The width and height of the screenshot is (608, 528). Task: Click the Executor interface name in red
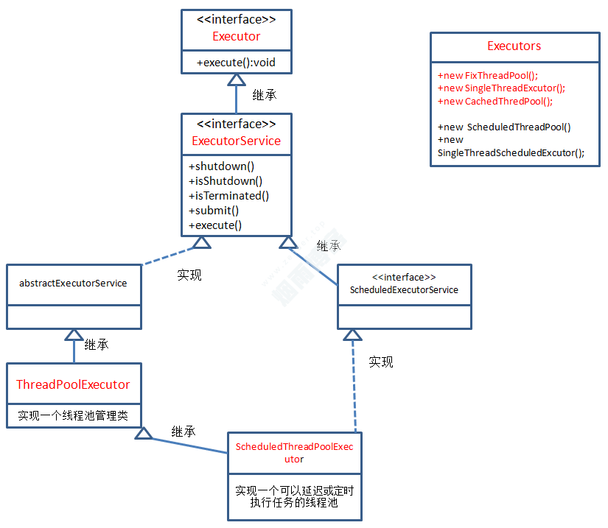(x=236, y=36)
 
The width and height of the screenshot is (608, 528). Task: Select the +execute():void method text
(x=236, y=63)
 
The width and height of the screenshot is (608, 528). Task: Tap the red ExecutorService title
(x=236, y=141)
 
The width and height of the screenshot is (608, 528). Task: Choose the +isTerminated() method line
(x=229, y=196)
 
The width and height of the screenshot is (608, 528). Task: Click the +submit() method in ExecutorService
(x=214, y=211)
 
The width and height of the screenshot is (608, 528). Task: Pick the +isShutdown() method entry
(x=226, y=181)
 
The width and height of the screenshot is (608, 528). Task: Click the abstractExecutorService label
(x=73, y=284)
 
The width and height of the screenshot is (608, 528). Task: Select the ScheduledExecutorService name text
(x=404, y=290)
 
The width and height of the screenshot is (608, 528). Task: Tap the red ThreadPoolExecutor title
(x=73, y=384)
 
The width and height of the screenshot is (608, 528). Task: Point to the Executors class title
(x=514, y=46)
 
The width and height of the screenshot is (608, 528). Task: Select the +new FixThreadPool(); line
(x=488, y=76)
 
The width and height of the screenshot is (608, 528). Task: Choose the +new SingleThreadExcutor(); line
(x=501, y=88)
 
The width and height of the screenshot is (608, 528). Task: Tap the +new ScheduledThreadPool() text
(x=504, y=127)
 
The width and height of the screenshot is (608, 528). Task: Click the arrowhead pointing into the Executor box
(x=236, y=80)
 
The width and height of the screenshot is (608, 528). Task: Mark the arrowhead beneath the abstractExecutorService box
(x=74, y=335)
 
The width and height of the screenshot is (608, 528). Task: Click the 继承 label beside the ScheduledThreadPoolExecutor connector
(x=184, y=432)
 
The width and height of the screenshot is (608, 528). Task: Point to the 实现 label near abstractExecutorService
(x=189, y=275)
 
